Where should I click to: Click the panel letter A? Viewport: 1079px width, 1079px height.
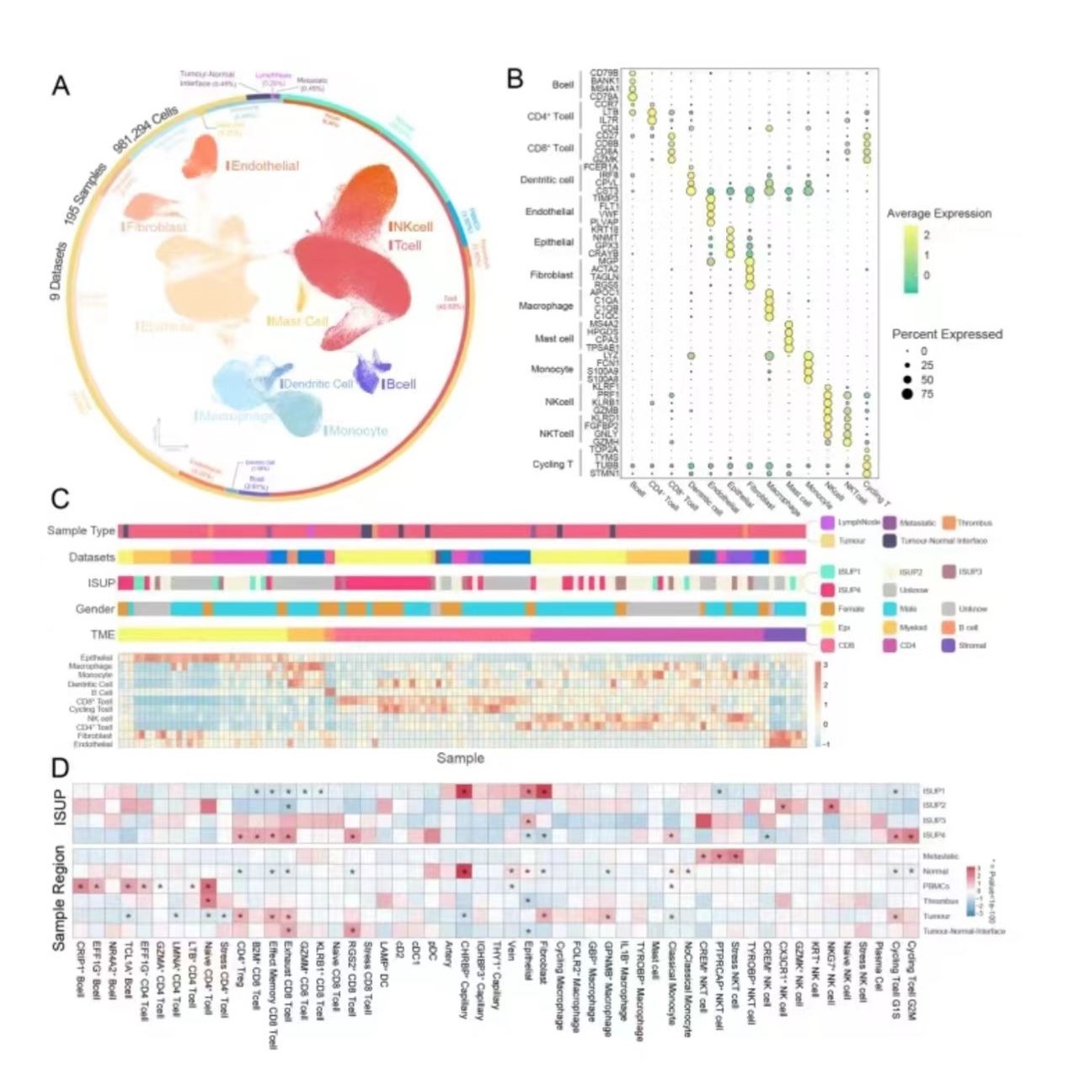pyautogui.click(x=61, y=86)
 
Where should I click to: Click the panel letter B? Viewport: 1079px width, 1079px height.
pyautogui.click(x=515, y=79)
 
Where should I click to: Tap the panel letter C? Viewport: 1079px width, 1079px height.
pyautogui.click(x=60, y=498)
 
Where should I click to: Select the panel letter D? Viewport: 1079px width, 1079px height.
pyautogui.click(x=60, y=767)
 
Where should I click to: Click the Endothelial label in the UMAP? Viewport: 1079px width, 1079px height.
pyautogui.click(x=264, y=166)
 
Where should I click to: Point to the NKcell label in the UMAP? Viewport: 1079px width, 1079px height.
pyautogui.click(x=412, y=227)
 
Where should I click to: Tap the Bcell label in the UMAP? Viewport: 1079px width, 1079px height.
pyautogui.click(x=400, y=384)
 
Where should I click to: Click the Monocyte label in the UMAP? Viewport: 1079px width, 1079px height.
pyautogui.click(x=358, y=430)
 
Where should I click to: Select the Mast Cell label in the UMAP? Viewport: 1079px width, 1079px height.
pyautogui.click(x=298, y=321)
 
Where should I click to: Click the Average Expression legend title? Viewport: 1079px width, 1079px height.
pyautogui.click(x=938, y=214)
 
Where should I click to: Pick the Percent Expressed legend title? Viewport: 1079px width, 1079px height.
pyautogui.click(x=947, y=334)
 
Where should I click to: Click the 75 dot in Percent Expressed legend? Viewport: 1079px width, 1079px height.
pyautogui.click(x=907, y=393)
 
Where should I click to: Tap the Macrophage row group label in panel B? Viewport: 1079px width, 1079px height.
pyautogui.click(x=546, y=306)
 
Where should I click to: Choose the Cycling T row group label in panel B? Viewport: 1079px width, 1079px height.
pyautogui.click(x=552, y=464)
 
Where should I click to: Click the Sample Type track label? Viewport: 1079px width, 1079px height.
pyautogui.click(x=81, y=531)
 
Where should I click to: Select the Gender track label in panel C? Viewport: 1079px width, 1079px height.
pyautogui.click(x=95, y=608)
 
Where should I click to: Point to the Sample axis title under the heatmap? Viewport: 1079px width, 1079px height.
pyautogui.click(x=460, y=758)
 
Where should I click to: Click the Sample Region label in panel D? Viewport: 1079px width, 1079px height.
pyautogui.click(x=59, y=899)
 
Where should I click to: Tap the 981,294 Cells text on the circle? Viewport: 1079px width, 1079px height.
pyautogui.click(x=145, y=131)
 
